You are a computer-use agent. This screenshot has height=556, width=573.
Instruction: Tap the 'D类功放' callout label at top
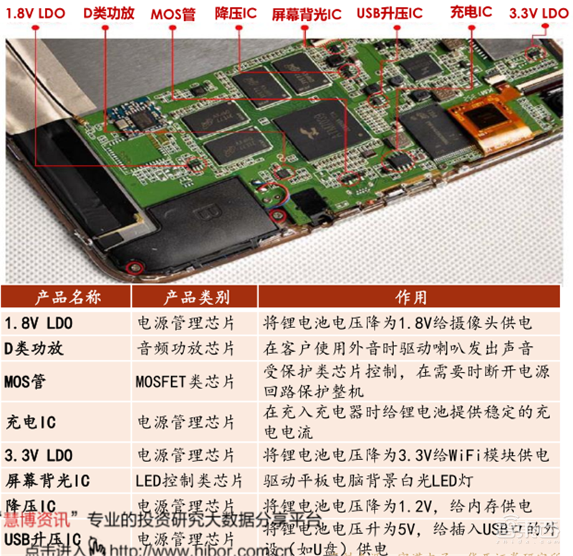tap(109, 13)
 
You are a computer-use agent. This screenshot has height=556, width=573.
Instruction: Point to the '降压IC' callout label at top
tap(236, 14)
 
